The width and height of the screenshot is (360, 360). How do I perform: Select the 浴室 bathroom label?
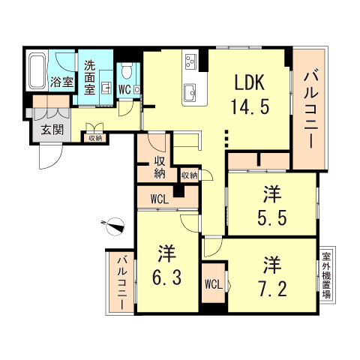pos(61,82)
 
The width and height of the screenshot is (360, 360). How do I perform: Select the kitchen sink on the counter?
pos(189,94)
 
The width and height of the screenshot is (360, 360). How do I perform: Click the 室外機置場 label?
pos(326,274)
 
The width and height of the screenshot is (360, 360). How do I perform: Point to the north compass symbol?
pos(115,223)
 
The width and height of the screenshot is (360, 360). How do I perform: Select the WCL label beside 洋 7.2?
pos(213,284)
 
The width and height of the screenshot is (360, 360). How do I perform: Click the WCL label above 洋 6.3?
pos(158,199)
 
